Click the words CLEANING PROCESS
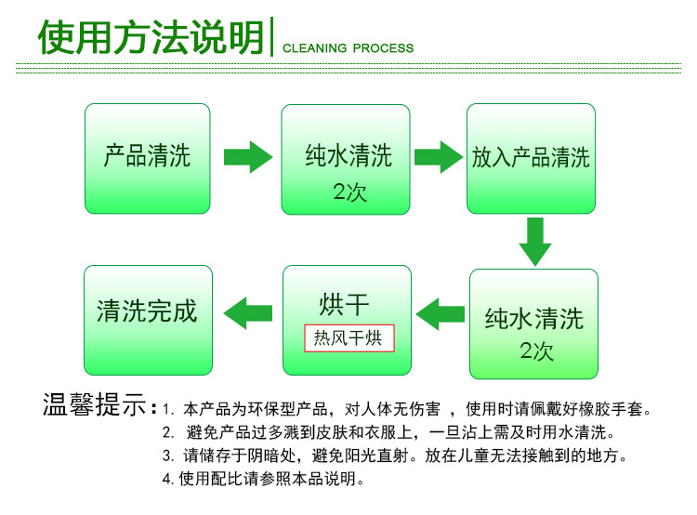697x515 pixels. pos(348,48)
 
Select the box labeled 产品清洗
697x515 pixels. pos(148,158)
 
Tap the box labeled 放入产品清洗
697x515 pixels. pos(532,158)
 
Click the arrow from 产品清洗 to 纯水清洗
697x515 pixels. pos(247,155)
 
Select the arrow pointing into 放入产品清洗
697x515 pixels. pos(438,155)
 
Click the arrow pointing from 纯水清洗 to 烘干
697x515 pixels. pos(439,313)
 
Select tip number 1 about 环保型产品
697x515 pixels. pos(409,409)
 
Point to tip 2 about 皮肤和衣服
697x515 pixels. pos(389,433)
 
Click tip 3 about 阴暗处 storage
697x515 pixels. pos(395,456)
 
